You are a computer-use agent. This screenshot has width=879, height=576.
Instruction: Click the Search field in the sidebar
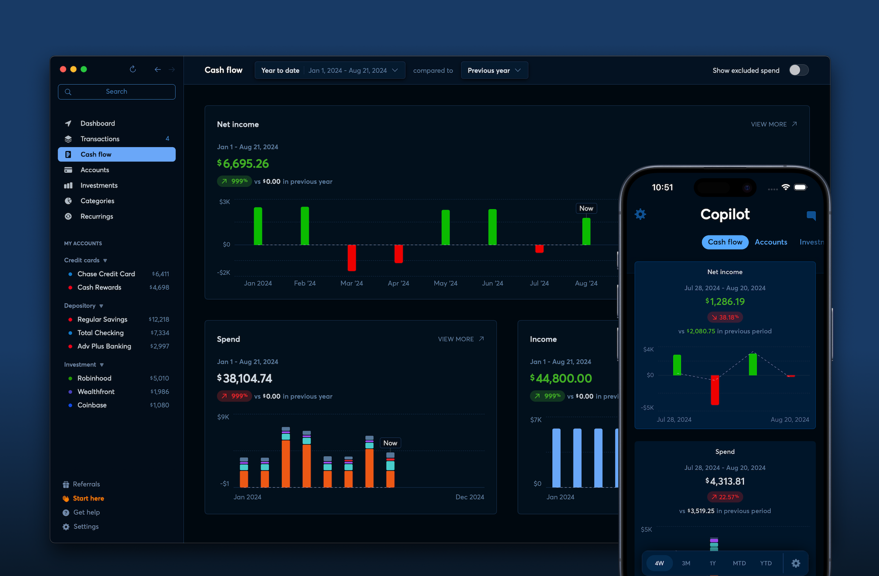pos(116,92)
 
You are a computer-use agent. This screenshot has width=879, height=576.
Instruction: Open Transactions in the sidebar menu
pos(100,139)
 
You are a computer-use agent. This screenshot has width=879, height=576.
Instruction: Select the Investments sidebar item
pos(99,185)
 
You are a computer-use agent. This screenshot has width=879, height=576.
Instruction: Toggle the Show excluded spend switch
pos(798,70)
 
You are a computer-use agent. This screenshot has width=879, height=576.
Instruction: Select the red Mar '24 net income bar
pos(352,257)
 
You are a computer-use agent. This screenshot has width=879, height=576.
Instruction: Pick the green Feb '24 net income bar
pos(305,225)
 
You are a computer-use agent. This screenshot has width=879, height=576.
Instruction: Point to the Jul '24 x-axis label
pos(539,283)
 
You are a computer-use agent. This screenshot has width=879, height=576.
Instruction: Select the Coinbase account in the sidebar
pos(92,405)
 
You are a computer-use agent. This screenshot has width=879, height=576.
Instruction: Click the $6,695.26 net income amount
pos(243,164)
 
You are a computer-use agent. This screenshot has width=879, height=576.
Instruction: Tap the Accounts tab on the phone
pos(771,242)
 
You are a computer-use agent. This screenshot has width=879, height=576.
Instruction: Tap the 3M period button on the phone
pos(686,563)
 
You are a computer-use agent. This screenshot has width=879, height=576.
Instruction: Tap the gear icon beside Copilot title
pos(640,214)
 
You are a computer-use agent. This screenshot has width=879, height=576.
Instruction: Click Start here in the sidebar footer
pos(88,498)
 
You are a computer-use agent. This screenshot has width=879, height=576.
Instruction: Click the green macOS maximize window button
pos(84,69)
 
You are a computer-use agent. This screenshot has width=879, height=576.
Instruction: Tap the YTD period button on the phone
pos(766,563)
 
